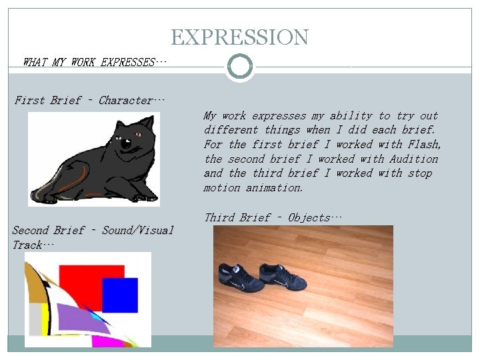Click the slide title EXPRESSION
click(239, 37)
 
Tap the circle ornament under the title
click(239, 67)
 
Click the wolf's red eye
click(139, 135)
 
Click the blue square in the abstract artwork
click(119, 295)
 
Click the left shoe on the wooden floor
click(238, 278)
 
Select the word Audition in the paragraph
click(414, 159)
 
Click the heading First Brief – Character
click(89, 101)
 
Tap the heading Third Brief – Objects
click(273, 217)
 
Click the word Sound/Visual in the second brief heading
click(137, 231)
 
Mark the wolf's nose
click(124, 143)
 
